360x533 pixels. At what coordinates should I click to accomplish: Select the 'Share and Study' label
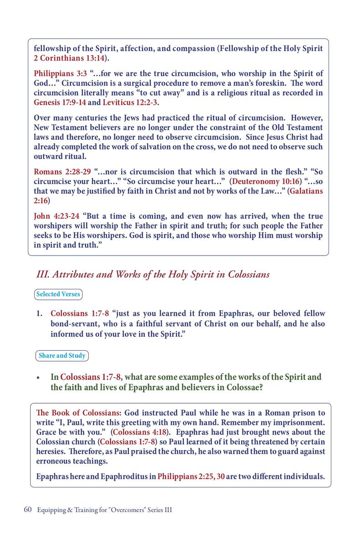coord(62,355)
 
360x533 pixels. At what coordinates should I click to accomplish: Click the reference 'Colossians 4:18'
coord(139,432)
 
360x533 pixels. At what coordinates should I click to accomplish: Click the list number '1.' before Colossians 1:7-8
coord(41,314)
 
